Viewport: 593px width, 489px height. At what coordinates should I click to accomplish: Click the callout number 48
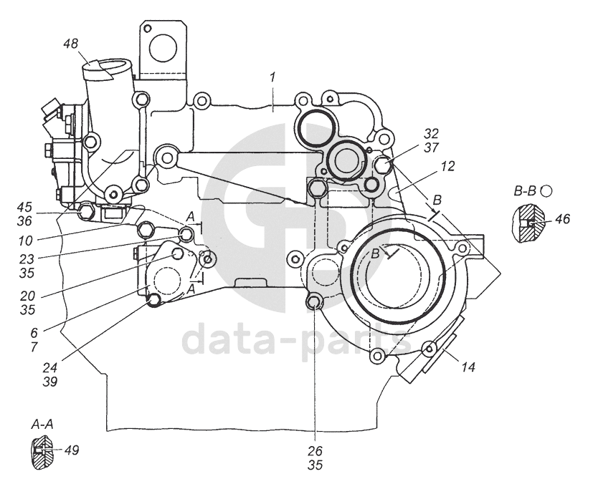71,44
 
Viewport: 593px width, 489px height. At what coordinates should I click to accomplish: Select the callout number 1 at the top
272,77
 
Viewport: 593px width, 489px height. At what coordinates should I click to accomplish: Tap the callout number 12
447,166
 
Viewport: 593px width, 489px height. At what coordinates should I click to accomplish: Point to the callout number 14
468,367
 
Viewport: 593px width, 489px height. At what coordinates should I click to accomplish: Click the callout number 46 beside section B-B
562,218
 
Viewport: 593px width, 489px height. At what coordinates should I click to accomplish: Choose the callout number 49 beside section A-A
72,450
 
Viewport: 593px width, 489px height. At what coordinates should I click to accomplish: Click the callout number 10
25,241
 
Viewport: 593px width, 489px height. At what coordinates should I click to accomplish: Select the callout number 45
24,207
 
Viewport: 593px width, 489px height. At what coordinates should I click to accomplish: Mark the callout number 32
431,133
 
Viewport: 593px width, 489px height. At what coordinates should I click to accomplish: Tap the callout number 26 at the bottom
315,451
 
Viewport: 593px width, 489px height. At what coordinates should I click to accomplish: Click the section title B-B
525,191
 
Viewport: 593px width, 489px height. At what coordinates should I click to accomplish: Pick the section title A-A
42,425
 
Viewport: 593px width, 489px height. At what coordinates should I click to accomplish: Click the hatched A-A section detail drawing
42,452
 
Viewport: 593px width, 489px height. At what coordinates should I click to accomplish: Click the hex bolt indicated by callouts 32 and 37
383,165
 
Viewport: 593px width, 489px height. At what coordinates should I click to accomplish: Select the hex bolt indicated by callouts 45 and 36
86,212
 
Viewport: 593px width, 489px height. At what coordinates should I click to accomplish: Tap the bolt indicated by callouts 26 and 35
314,301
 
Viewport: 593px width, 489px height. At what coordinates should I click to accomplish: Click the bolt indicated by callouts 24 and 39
153,301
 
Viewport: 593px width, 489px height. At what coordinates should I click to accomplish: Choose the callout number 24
50,367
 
